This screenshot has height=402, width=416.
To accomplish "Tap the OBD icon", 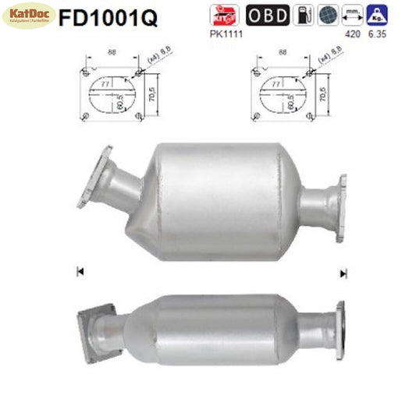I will click(268, 15).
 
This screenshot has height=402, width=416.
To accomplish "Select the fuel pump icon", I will click(304, 15).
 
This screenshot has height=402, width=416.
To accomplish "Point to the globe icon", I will click(327, 15).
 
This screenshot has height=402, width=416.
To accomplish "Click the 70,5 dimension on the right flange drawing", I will click(322, 95).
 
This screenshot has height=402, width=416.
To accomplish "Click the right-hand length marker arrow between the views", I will click(342, 273).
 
